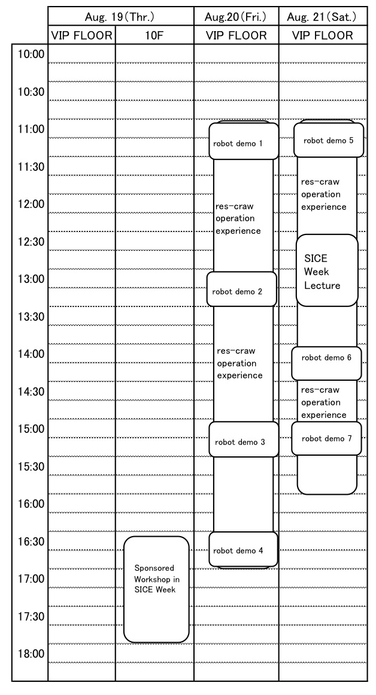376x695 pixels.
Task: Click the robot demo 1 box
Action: (x=244, y=141)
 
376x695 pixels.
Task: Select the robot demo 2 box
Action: (x=241, y=289)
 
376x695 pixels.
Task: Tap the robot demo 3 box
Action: (x=244, y=440)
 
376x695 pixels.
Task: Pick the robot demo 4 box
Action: (x=243, y=549)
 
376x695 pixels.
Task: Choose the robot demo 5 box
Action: (x=329, y=140)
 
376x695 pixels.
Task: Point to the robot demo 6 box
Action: (x=326, y=363)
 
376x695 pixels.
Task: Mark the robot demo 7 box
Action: (x=326, y=438)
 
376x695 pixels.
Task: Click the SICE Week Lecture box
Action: (x=327, y=270)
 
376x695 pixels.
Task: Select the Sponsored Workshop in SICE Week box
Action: (x=156, y=589)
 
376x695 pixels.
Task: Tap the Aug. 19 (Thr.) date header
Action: (x=121, y=17)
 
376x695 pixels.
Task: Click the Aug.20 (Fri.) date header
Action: (x=236, y=17)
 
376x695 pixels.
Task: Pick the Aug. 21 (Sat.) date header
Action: (x=323, y=17)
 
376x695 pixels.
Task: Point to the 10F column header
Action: (x=154, y=35)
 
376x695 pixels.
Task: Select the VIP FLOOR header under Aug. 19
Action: (x=82, y=35)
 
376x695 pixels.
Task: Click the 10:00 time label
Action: (x=31, y=54)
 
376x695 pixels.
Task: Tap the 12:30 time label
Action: (x=31, y=242)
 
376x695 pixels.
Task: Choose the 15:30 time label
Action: (x=31, y=467)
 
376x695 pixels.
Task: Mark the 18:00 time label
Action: (x=31, y=654)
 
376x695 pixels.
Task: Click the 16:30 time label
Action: (x=31, y=541)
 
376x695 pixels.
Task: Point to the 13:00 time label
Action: (x=31, y=279)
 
